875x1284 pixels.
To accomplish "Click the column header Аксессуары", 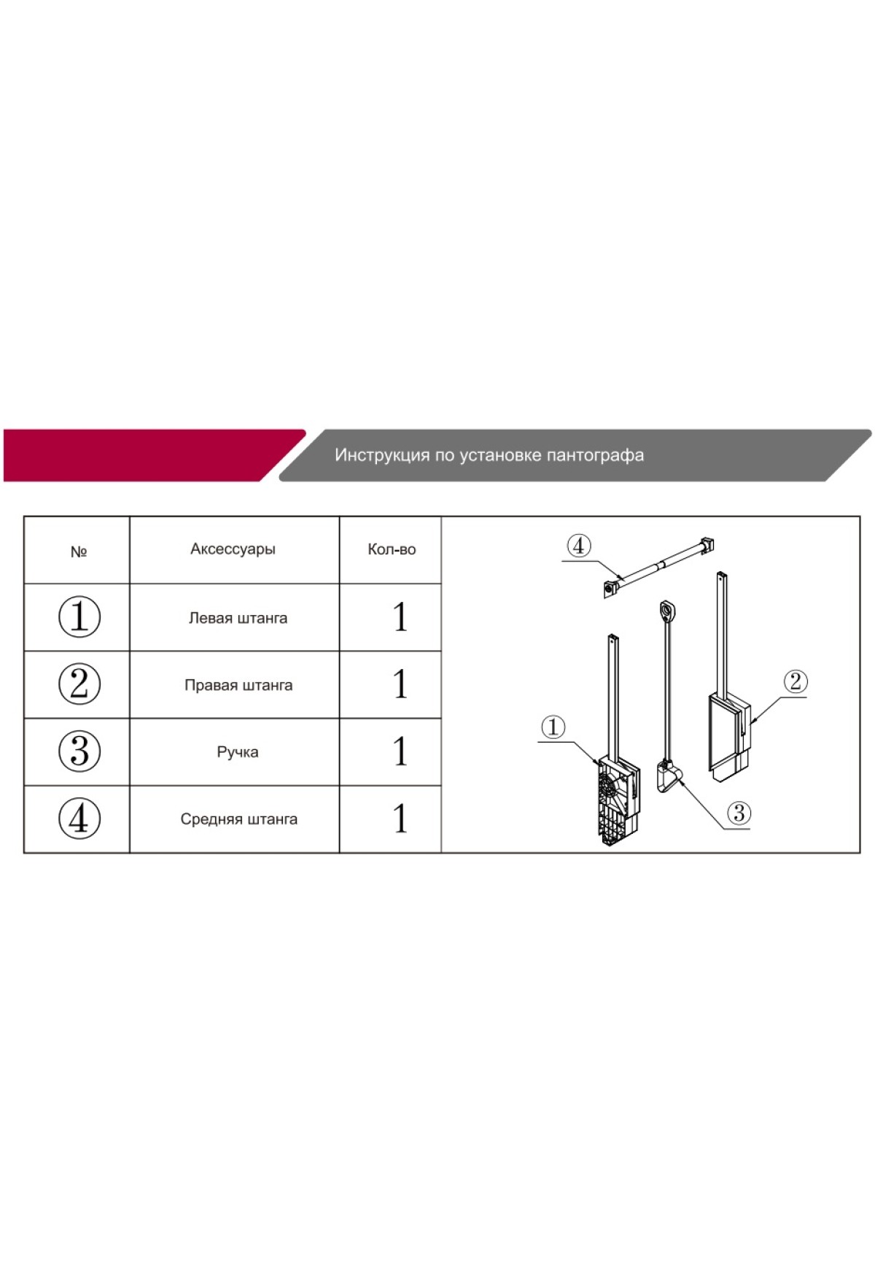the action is pyautogui.click(x=233, y=549).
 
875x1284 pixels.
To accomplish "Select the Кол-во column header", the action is pyautogui.click(x=392, y=549).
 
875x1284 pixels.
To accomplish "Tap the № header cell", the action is pyautogui.click(x=79, y=552).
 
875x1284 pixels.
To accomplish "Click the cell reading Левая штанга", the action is pyautogui.click(x=238, y=618).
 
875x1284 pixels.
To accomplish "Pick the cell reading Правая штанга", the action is pyautogui.click(x=238, y=685).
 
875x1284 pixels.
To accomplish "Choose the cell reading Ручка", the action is pyautogui.click(x=238, y=752).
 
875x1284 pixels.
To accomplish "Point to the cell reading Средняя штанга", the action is pyautogui.click(x=238, y=819).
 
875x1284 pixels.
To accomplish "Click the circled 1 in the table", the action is pyautogui.click(x=79, y=616).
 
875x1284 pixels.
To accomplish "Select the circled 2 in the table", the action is pyautogui.click(x=79, y=684).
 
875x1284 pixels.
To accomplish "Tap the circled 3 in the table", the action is pyautogui.click(x=79, y=751).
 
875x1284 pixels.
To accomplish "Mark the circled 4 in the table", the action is pyautogui.click(x=79, y=819).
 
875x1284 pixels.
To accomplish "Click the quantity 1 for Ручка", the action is pyautogui.click(x=400, y=751).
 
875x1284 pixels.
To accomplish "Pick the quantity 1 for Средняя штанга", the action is pyautogui.click(x=400, y=818).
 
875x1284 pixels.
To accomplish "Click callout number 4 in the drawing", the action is pyautogui.click(x=579, y=546).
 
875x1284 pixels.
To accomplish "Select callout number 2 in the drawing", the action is pyautogui.click(x=795, y=681).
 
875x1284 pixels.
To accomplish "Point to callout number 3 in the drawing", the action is pyautogui.click(x=739, y=813).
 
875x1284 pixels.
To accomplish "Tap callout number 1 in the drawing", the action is pyautogui.click(x=553, y=727).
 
